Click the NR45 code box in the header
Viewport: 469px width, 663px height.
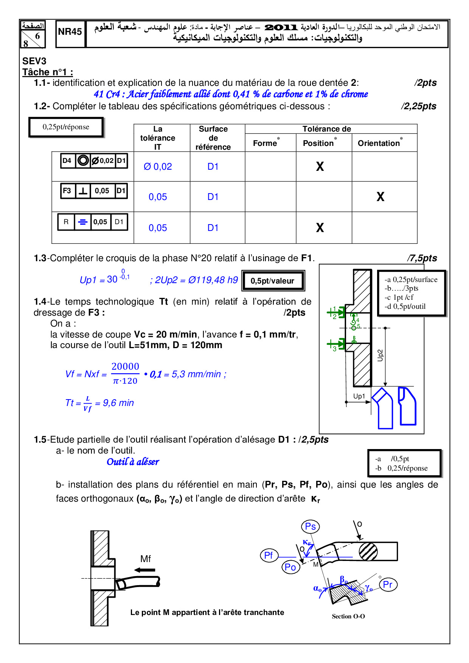tap(70, 32)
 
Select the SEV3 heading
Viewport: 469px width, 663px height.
tap(34, 61)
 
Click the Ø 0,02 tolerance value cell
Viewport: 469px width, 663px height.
tap(158, 167)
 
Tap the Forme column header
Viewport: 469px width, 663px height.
tap(266, 143)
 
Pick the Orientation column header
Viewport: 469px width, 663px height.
tap(379, 143)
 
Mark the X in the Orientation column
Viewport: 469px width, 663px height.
tap(380, 197)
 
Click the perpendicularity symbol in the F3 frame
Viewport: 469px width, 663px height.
tap(83, 191)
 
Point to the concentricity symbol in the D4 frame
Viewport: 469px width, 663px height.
tap(83, 161)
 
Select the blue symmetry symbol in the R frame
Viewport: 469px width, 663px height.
tap(82, 222)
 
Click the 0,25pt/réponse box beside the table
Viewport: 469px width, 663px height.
tap(66, 127)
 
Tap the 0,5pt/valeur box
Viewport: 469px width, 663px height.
tap(273, 281)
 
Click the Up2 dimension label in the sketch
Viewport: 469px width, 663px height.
tap(380, 355)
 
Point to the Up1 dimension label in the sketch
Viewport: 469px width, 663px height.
tap(359, 396)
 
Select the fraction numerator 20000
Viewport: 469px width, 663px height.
tap(125, 366)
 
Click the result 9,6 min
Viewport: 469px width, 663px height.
tap(118, 403)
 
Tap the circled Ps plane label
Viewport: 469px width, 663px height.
tap(311, 527)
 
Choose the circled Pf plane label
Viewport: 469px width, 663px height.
tap(269, 555)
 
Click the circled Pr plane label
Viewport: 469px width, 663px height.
tap(388, 584)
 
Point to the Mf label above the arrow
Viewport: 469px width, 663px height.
tap(146, 559)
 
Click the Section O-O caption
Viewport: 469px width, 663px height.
tap(348, 617)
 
